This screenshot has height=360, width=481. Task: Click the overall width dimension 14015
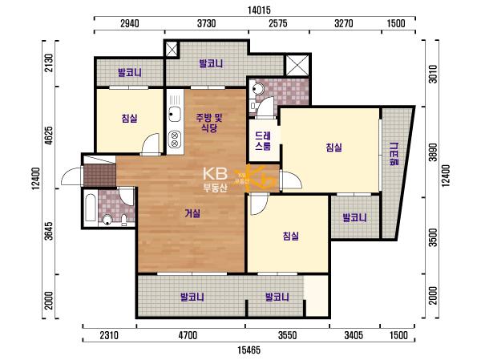[259, 10]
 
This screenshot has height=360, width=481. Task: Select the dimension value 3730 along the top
[206, 23]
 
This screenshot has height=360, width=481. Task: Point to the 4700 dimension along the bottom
[188, 335]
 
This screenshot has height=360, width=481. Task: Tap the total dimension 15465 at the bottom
[249, 350]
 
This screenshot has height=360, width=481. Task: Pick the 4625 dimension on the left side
[49, 136]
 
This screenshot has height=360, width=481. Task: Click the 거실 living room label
[192, 213]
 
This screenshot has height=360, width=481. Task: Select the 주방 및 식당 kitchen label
[209, 123]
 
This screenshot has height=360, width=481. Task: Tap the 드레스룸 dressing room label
[263, 141]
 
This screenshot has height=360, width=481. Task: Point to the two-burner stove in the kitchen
[175, 139]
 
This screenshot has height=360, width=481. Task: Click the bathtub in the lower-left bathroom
[90, 207]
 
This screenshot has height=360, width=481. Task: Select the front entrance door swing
[72, 176]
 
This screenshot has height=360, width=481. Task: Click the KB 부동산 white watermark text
[215, 180]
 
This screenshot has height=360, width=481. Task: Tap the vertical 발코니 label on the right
[394, 154]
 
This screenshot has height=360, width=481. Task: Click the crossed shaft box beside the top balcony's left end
[172, 49]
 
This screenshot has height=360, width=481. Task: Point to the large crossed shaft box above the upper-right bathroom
[297, 65]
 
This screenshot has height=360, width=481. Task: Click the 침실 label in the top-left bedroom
[129, 118]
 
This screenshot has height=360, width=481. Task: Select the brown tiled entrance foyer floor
[100, 176]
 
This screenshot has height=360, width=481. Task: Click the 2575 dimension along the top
[278, 23]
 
